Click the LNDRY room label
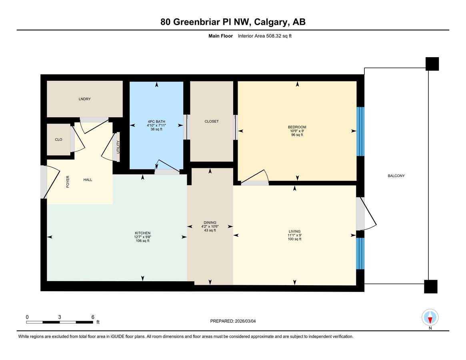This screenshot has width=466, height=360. click(85, 99)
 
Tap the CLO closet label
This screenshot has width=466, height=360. click(58, 140)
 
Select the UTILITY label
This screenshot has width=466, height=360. click(118, 147)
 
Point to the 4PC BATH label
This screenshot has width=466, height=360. click(156, 122)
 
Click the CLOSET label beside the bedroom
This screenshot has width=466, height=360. click(212, 121)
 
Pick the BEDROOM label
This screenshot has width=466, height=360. click(297, 127)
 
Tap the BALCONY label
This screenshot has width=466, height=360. click(396, 176)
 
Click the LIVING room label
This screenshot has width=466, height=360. click(294, 231)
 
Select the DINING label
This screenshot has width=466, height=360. click(210, 222)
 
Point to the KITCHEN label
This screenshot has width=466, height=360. click(143, 233)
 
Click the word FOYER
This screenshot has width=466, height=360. click(68, 182)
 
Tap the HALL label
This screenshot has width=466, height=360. click(88, 180)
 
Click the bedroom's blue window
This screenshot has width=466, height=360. click(360, 131)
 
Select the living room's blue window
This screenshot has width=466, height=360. click(360, 253)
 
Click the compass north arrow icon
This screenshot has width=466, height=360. click(430, 318)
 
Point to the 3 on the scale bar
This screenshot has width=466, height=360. click(60, 317)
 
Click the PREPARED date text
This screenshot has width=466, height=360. click(233, 321)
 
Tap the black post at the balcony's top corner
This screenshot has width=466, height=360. click(432, 64)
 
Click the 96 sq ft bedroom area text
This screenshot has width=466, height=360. click(297, 135)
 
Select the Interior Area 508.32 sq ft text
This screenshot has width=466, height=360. click(265, 36)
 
